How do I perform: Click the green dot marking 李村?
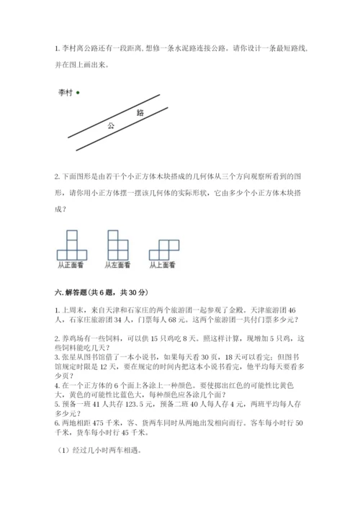(78, 92)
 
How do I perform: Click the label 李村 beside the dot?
(66, 92)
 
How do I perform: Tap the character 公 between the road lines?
(111, 125)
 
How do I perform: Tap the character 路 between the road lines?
(139, 112)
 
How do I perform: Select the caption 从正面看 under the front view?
(71, 266)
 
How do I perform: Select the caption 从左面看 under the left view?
(117, 266)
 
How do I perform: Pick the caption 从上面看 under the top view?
(163, 266)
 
